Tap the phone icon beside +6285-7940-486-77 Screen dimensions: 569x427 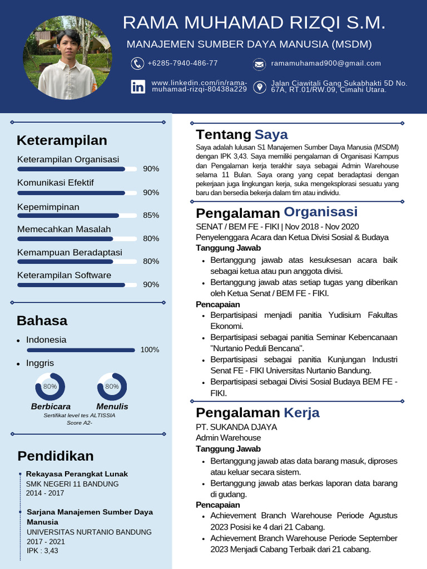(x=137, y=63)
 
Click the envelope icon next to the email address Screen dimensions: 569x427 (x=259, y=64)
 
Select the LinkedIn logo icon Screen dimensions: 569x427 (x=138, y=87)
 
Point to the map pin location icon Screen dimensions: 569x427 (x=259, y=87)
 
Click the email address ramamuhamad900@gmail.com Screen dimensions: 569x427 (x=326, y=63)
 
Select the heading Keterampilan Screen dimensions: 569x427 (x=62, y=140)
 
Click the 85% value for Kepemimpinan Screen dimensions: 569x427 (x=151, y=215)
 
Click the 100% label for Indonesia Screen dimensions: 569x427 (x=150, y=350)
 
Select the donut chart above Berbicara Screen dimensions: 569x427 (x=50, y=386)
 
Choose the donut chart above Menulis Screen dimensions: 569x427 (x=112, y=386)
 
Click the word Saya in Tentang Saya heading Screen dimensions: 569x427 (x=271, y=134)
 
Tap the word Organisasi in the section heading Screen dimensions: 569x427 (x=321, y=212)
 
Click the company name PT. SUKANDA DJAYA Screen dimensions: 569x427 (x=236, y=427)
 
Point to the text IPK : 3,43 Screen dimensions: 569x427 (x=42, y=551)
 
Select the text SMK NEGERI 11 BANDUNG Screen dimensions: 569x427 (x=72, y=483)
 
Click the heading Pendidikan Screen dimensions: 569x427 (x=55, y=456)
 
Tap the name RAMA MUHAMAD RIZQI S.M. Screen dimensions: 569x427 (x=254, y=23)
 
